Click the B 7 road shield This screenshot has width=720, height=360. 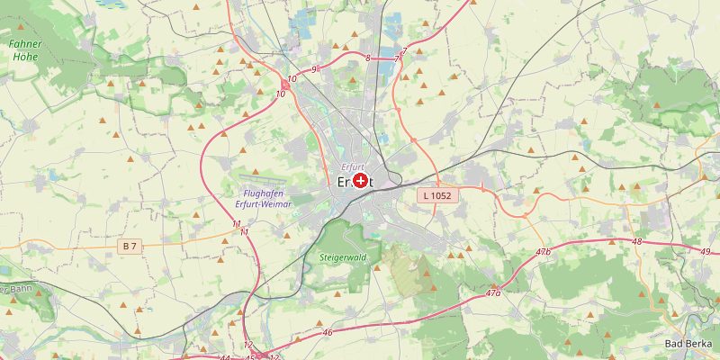pyautogui.click(x=131, y=246)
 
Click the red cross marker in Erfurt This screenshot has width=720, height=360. pyautogui.click(x=361, y=181)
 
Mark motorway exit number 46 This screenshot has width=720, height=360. pyautogui.click(x=328, y=333)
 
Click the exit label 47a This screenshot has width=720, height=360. pyautogui.click(x=492, y=293)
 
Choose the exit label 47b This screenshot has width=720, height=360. pyautogui.click(x=542, y=251)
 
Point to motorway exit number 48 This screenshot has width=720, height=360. pyautogui.click(x=637, y=241)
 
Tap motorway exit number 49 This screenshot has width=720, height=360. pyautogui.click(x=705, y=250)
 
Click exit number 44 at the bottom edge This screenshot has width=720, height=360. pyautogui.click(x=225, y=357)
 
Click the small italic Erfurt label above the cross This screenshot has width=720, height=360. pyautogui.click(x=353, y=167)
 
